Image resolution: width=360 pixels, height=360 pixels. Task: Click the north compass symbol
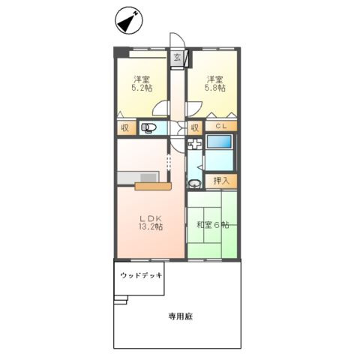click(x=127, y=21)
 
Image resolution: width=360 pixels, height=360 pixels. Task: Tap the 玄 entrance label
click(x=178, y=58)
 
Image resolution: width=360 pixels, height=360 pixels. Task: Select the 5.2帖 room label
click(x=142, y=83)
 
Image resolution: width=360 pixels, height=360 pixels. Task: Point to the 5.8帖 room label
click(x=216, y=83)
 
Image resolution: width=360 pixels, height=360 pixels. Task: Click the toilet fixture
click(x=149, y=127)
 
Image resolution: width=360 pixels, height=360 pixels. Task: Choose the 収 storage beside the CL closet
click(x=193, y=127)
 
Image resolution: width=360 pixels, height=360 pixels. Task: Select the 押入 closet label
click(x=221, y=181)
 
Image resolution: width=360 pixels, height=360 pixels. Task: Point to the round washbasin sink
click(x=195, y=183)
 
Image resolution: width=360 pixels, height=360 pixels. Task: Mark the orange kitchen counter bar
click(x=154, y=186)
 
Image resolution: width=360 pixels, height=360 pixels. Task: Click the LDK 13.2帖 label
click(x=148, y=223)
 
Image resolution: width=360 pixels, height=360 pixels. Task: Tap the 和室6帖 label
click(x=212, y=225)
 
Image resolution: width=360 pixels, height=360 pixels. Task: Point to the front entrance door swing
click(x=175, y=41)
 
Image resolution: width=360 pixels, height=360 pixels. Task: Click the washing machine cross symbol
click(x=195, y=145)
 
